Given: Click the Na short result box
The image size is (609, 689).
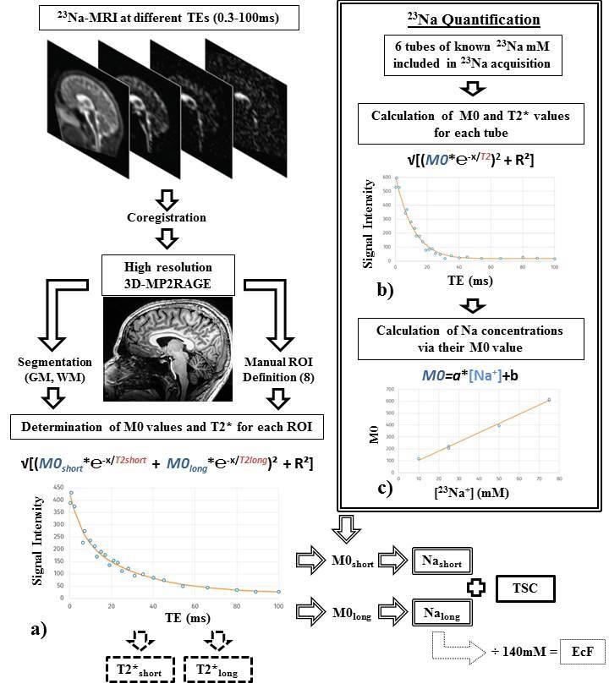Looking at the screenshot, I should pos(439,560).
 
